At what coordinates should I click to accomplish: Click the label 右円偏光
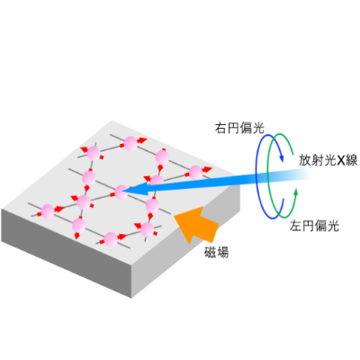coord(239,128)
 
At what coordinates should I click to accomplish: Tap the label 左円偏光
coord(314,226)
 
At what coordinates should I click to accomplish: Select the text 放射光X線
coord(328,160)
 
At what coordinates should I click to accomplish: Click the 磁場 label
coord(217,252)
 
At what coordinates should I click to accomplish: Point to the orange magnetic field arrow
coord(197,223)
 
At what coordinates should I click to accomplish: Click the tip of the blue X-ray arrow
coord(122,191)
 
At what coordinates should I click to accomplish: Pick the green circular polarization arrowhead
coord(296,193)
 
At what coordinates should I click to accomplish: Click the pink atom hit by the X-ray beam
coord(121,193)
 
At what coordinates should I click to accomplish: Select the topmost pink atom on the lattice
coord(130,143)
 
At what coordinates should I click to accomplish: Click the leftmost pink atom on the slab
coord(48,211)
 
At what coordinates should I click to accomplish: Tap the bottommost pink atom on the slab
coord(111,239)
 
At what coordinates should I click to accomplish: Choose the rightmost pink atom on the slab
coord(195,173)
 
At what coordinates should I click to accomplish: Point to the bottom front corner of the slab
coord(131,298)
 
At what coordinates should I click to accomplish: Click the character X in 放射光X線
coord(342,161)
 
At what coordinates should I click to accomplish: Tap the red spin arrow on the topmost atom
coord(141,140)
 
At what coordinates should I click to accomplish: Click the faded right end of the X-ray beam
coord(303,175)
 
